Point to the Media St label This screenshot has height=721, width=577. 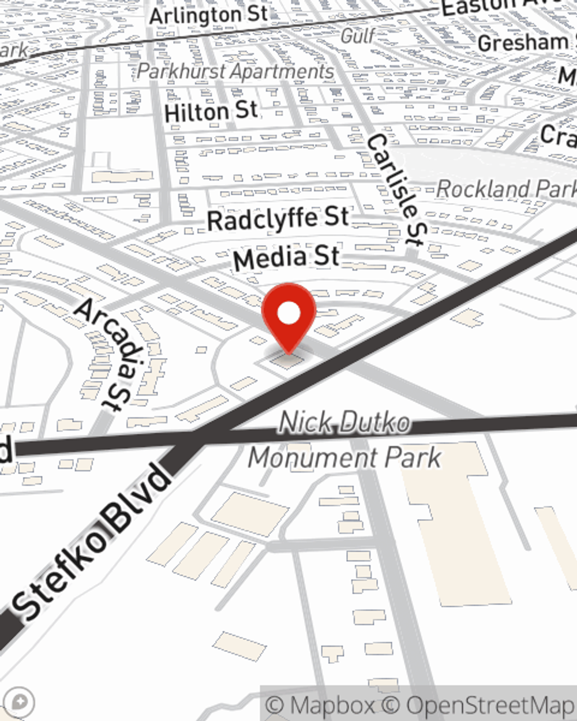287,257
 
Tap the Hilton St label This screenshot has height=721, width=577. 211,111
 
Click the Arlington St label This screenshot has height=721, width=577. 208,14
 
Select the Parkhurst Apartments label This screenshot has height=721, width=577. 236,72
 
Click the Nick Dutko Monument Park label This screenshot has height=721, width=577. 344,441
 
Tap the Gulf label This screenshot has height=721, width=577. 358,36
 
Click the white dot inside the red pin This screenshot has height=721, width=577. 288,314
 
